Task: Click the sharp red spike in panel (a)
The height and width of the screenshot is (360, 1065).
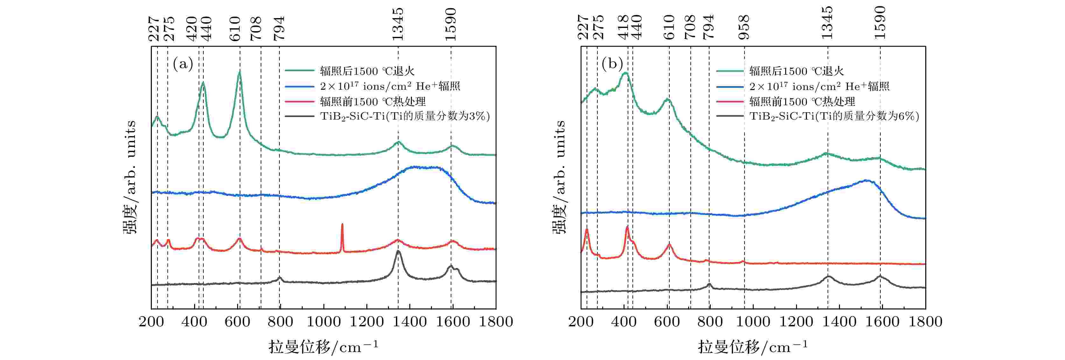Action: click(x=342, y=225)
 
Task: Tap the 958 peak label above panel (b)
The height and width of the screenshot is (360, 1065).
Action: click(x=744, y=27)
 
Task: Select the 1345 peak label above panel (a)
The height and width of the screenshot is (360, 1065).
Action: click(x=398, y=24)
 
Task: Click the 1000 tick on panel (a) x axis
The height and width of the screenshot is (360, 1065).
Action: click(x=324, y=322)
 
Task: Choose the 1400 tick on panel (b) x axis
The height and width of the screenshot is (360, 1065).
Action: click(x=839, y=322)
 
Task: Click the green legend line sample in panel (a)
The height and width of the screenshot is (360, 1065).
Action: click(x=299, y=71)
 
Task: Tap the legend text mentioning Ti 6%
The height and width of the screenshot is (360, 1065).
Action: click(x=834, y=116)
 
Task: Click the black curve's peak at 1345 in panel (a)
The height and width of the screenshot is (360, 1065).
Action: click(x=398, y=251)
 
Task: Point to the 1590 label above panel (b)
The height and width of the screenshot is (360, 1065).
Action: click(x=880, y=23)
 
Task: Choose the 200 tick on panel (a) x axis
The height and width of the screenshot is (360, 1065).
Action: click(x=151, y=322)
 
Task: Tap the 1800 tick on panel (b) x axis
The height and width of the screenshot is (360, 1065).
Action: click(x=925, y=322)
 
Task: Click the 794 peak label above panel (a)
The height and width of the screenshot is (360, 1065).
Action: click(x=279, y=28)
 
